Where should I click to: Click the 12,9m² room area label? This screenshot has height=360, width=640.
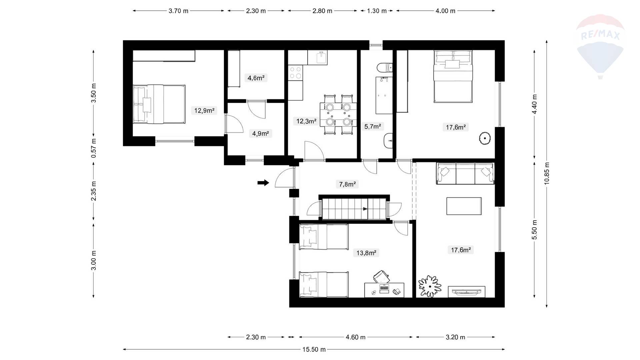tap(204, 110)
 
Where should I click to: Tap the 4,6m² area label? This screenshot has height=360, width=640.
tap(256, 78)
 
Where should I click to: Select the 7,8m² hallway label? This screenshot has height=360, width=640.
tap(347, 184)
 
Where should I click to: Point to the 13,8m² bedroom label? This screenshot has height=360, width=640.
tap(366, 253)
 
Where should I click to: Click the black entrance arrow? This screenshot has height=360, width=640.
tap(263, 182)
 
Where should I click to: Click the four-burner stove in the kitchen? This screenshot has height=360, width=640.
tap(295, 73)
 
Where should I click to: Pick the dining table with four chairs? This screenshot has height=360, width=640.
tap(338, 114)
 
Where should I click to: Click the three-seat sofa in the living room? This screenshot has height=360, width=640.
tap(465, 173)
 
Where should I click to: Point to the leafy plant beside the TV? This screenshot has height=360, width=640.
tap(430, 286)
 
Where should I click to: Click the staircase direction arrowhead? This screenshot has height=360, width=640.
tap(365, 209)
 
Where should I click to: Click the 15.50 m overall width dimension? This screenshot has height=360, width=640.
tap(314, 349)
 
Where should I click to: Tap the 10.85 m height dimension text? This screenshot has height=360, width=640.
tap(547, 173)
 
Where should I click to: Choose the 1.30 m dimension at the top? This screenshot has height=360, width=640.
tap(377, 11)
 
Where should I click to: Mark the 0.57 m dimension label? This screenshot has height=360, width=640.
tap(94, 148)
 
